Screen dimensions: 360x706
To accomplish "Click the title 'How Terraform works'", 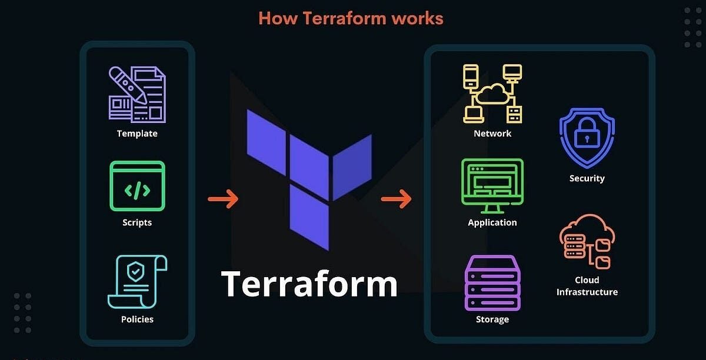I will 351,18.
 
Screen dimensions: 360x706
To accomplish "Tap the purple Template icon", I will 137,95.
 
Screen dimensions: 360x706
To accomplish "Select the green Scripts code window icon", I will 137,186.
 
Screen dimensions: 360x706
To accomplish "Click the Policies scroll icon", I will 137,281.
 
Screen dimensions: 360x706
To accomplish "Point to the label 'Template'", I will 137,134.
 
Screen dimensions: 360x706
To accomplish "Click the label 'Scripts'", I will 137,222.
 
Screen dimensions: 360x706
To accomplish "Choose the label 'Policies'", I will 137,319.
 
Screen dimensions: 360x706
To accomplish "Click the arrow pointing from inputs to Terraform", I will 223,199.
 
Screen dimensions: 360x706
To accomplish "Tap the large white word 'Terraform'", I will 309,283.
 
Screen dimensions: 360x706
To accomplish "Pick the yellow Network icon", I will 492,94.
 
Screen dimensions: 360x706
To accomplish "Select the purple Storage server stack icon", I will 492,282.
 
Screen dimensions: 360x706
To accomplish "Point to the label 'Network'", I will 492,134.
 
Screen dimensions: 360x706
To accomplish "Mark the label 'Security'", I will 587,178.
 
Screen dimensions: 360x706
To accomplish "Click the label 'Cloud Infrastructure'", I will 587,286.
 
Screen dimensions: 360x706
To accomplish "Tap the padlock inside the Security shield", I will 587,135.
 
